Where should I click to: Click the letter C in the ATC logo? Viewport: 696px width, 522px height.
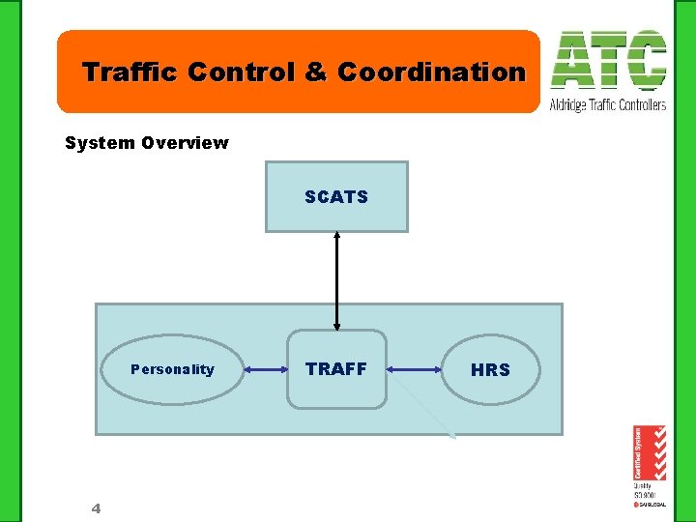pos(645,61)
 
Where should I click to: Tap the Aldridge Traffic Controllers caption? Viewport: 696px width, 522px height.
pos(607,104)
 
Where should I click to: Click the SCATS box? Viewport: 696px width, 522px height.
pos(336,196)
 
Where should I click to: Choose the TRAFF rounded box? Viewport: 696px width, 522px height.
pos(336,369)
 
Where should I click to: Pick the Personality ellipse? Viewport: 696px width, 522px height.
pos(172,369)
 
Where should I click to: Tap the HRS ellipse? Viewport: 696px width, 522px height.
pos(490,369)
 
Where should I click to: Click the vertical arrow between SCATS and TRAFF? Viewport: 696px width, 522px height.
pos(336,280)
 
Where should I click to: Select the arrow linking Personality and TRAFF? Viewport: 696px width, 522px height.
pos(266,369)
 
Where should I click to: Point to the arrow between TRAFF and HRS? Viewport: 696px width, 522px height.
pos(414,369)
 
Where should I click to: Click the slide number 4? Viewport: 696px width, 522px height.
pos(96,508)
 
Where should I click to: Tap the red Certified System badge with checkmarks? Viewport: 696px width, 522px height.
pos(649,452)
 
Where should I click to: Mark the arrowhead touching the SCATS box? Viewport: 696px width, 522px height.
pos(336,235)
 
